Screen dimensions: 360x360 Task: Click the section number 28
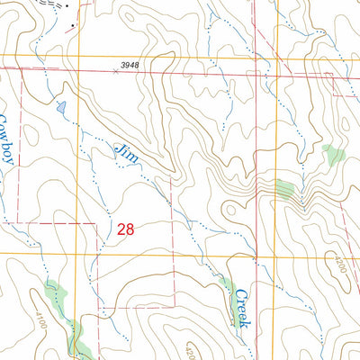tap(126, 229)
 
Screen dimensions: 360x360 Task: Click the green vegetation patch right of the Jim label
tap(284, 189)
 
